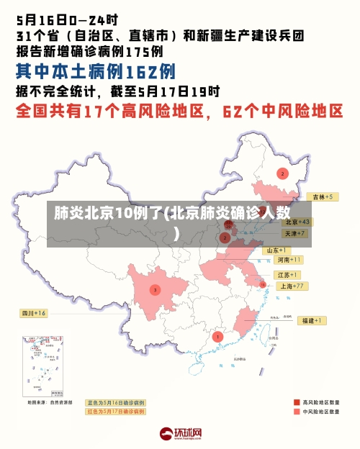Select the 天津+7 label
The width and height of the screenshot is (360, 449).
[x=294, y=233]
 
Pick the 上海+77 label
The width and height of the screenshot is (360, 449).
[x=292, y=286]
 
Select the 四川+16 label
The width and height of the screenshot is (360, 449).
[x=32, y=313]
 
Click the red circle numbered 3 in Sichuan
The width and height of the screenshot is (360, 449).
[x=155, y=290]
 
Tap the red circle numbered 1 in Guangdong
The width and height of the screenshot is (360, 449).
[x=218, y=336]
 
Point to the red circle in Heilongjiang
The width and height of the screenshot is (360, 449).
[x=283, y=173]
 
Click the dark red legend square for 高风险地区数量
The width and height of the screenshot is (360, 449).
[x=297, y=402]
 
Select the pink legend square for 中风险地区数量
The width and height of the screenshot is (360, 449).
[x=297, y=412]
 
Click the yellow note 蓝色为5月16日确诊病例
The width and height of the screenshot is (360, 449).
[x=115, y=402]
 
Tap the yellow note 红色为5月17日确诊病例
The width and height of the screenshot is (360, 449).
[x=115, y=412]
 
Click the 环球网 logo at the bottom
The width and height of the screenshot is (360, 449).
[x=180, y=434]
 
